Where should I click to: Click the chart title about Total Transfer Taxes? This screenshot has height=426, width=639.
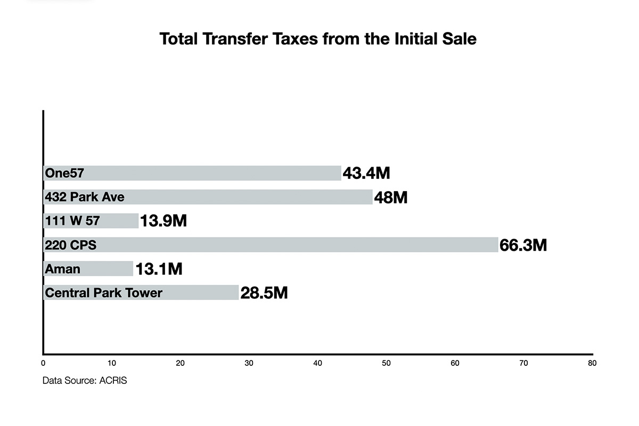(x=318, y=39)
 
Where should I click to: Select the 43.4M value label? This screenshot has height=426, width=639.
(x=366, y=173)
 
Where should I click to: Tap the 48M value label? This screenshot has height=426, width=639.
(x=390, y=197)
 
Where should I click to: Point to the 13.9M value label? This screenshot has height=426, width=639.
(x=163, y=221)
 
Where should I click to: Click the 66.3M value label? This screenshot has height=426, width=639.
(x=523, y=245)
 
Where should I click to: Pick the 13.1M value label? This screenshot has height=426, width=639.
(x=159, y=269)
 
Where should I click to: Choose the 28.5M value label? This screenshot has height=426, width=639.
(x=264, y=293)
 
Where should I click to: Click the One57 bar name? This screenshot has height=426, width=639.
(x=64, y=173)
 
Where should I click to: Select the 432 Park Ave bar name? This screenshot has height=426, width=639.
(x=85, y=197)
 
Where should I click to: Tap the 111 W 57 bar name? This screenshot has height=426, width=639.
(x=72, y=221)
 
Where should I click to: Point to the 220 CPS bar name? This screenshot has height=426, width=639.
(x=71, y=245)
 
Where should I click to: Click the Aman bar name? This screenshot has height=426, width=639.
(x=63, y=269)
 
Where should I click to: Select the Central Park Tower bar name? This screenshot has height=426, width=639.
(x=104, y=293)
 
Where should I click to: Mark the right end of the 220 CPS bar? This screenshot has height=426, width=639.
(x=497, y=245)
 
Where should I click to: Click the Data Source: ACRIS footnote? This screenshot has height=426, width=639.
(x=85, y=381)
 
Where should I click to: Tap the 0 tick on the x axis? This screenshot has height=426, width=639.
(x=43, y=363)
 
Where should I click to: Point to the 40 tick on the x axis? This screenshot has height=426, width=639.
(x=318, y=363)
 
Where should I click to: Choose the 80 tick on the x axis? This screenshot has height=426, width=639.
(x=592, y=363)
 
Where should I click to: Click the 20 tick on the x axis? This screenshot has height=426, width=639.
(x=181, y=363)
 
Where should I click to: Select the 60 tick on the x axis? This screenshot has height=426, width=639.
(x=455, y=363)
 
